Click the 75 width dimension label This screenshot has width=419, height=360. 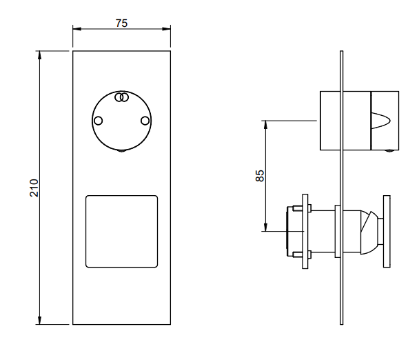coord(121,23)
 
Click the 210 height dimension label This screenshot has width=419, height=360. coord(34,188)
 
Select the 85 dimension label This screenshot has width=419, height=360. coord(260,176)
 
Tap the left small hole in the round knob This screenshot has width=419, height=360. coord(99,121)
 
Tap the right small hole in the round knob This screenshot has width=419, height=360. coord(145,121)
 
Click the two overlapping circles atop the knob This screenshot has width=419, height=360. coord(121,97)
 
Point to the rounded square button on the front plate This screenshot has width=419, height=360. coord(121,231)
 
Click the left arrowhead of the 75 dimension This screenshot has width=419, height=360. coord(77,28)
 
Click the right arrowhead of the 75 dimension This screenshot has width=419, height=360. coord(166,28)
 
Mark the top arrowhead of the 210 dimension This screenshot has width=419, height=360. coord(39,55)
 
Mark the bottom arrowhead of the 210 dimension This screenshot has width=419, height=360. coord(39,320)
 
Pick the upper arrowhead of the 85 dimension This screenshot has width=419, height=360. coord(265,125)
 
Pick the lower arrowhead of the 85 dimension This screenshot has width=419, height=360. coord(265,227)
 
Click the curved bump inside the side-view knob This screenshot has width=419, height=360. coord(381,121)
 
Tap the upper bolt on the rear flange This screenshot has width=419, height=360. coord(302,208)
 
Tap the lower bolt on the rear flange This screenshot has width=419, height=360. coord(302,254)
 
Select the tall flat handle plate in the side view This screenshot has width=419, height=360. coord(387,231)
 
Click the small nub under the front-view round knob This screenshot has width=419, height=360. coord(121,151)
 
